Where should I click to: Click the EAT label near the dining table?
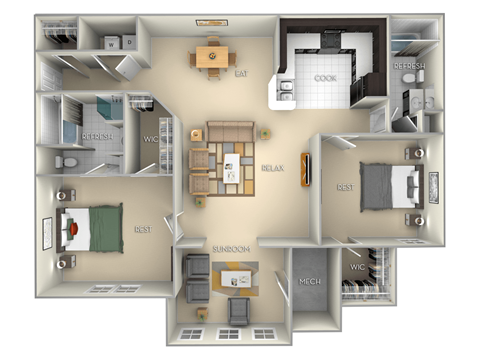tap(241, 73)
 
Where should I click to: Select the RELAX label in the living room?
tap(271, 168)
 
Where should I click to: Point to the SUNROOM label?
tap(229, 247)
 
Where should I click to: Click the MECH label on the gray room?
tap(310, 282)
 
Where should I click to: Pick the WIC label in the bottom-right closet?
tap(357, 267)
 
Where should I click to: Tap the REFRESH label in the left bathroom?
tap(96, 136)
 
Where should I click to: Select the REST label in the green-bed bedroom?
tap(142, 229)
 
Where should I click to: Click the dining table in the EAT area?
tap(210, 57)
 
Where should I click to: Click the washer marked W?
tap(110, 42)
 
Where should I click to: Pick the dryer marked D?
tap(129, 42)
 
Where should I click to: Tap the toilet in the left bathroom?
tap(61, 162)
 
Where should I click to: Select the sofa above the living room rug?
tap(229, 131)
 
